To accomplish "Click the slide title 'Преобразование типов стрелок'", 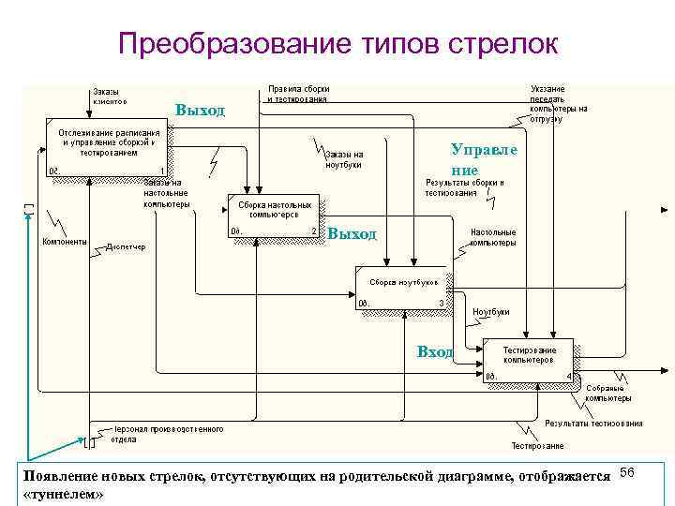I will tap(337, 44).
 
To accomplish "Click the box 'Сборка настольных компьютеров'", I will tap(274, 216).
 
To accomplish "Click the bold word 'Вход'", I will tap(435, 351).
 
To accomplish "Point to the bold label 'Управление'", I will tap(483, 159).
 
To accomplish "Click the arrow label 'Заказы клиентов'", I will tap(111, 96).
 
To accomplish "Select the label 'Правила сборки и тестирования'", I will tap(297, 93).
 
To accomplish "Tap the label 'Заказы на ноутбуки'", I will tap(344, 159).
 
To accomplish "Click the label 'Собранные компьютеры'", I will tap(608, 393).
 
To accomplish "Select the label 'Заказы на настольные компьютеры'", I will tap(167, 192).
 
